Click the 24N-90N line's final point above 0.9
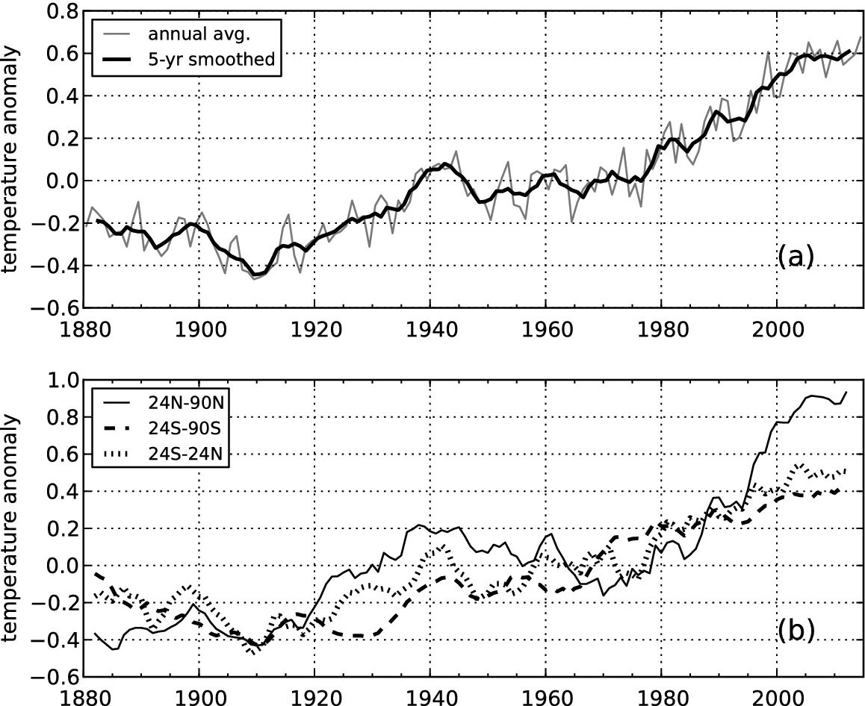[846, 392]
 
